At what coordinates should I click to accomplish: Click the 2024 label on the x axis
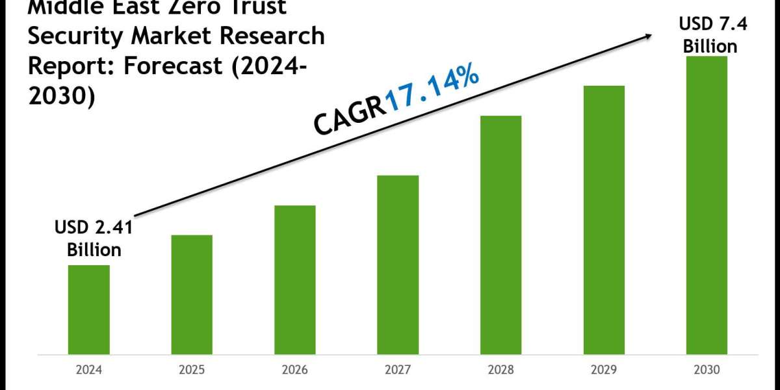89,370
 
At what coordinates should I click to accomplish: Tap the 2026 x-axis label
295,370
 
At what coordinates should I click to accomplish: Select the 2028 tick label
500,370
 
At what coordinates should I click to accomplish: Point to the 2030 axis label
707,370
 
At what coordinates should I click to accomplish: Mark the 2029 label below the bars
604,370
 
